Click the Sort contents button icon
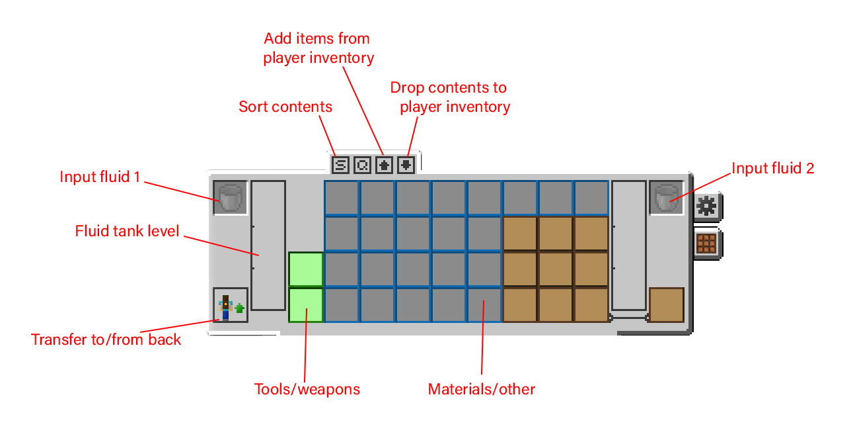click(x=340, y=164)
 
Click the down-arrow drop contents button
click(x=406, y=164)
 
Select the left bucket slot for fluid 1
click(x=231, y=198)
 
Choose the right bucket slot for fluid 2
click(x=666, y=198)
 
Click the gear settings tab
click(x=706, y=207)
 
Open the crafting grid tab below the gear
click(x=706, y=243)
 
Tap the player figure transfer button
click(x=231, y=305)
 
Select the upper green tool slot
click(x=306, y=269)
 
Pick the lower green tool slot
click(x=306, y=305)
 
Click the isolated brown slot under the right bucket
click(x=666, y=305)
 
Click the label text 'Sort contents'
click(x=285, y=107)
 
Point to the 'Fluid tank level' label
click(x=128, y=231)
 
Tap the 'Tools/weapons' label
click(x=307, y=389)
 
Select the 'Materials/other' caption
click(x=482, y=389)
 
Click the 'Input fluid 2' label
click(x=773, y=168)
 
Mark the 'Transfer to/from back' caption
click(x=106, y=339)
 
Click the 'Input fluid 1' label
click(x=100, y=177)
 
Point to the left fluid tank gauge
click(x=268, y=246)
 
